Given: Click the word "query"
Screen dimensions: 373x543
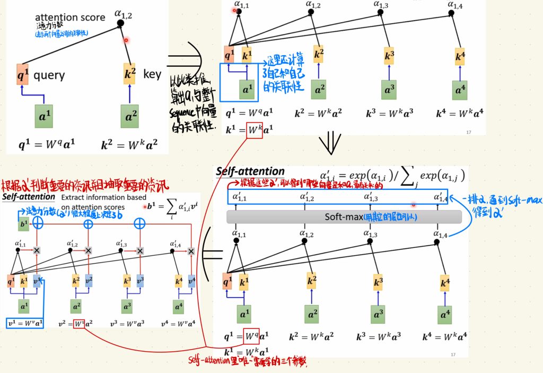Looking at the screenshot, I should (49, 75).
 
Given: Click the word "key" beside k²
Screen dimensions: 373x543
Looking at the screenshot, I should (152, 74).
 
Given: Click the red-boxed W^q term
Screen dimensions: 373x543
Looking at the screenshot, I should (252, 336).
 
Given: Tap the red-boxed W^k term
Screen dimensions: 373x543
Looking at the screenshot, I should (254, 130).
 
